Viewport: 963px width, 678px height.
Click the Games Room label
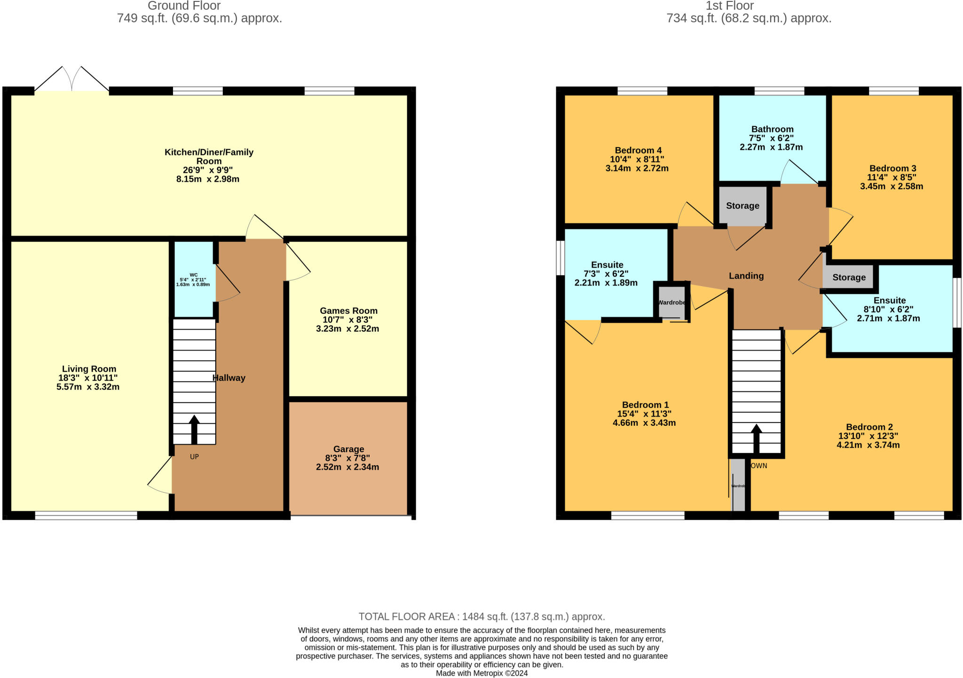coord(348,311)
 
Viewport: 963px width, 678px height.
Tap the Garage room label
coord(348,449)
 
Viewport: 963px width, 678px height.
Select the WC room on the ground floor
coord(194,280)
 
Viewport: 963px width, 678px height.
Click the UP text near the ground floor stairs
coord(194,456)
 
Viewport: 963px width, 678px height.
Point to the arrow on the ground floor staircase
coord(194,428)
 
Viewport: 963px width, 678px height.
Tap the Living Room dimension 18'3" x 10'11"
coord(88,378)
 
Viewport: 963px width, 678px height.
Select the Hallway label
coord(229,378)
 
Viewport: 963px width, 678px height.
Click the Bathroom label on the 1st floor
coord(772,129)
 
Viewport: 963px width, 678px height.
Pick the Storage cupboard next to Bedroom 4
coord(742,206)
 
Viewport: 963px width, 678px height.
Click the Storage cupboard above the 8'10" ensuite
coord(849,277)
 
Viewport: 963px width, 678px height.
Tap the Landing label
coord(746,276)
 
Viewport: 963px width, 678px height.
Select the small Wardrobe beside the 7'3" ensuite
coord(671,303)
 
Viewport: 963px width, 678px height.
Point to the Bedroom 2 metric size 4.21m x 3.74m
coord(868,445)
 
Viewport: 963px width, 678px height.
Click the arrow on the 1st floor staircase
coord(757,438)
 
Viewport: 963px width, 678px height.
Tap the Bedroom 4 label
coord(638,150)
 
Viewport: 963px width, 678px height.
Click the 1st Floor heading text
coord(729,6)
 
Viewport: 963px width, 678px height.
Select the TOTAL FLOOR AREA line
coord(481,616)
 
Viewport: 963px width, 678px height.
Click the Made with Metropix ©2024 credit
coord(481,673)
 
